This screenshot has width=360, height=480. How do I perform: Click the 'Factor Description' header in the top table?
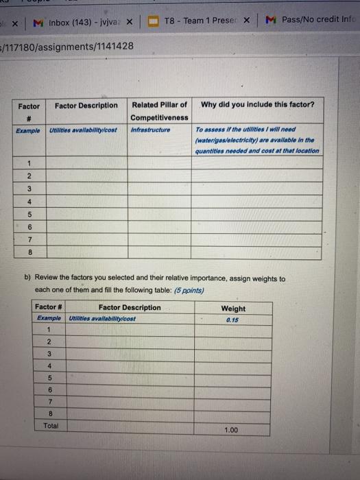[x=86, y=106]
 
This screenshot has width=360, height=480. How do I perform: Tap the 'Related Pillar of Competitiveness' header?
[x=159, y=111]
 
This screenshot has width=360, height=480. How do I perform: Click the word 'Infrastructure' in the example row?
[x=151, y=129]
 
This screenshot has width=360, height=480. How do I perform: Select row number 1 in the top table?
[x=29, y=163]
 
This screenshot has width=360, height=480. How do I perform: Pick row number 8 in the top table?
[x=29, y=252]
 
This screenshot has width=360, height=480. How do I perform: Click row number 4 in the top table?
[x=29, y=201]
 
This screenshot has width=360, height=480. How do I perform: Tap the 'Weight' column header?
[x=233, y=309]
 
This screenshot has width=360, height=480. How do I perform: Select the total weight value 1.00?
[x=231, y=429]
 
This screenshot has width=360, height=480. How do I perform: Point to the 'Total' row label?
[x=50, y=425]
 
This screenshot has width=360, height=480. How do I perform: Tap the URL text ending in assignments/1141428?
[x=69, y=47]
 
